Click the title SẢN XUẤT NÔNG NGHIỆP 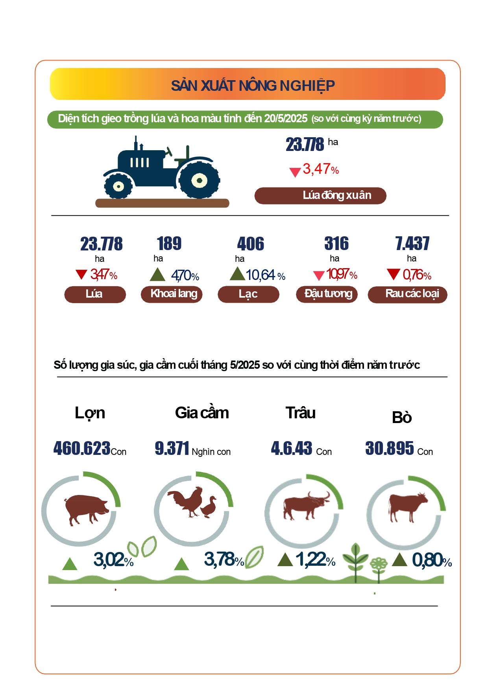tap(253, 85)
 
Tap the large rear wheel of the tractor tap(199, 180)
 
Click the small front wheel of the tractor tap(118, 186)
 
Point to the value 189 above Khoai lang tap(169, 243)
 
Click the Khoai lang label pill tap(172, 294)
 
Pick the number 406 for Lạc tap(251, 244)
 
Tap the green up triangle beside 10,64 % tap(237, 274)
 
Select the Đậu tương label tap(327, 294)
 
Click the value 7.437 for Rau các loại tap(412, 243)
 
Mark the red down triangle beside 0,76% tap(393, 274)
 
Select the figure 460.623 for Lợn tap(82, 448)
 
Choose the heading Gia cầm tap(202, 413)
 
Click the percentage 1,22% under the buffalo tap(315, 559)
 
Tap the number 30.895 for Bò tap(390, 448)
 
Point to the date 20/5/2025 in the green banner tap(286, 119)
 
